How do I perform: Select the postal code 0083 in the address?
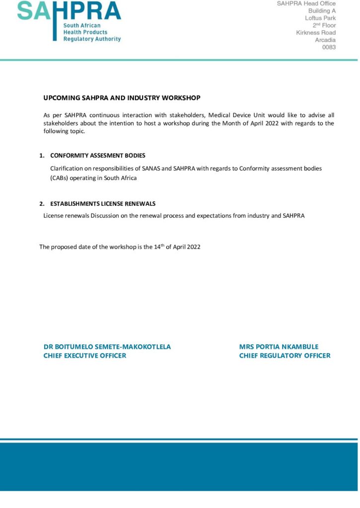[329, 47]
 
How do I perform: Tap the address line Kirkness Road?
[316, 33]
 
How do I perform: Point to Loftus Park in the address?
[320, 18]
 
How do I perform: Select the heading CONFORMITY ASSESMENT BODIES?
[98, 155]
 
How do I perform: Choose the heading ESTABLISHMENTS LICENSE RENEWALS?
[103, 203]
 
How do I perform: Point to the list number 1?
[42, 155]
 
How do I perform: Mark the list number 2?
[42, 203]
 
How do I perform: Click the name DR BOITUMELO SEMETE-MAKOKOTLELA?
[107, 347]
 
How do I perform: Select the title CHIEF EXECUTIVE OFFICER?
[85, 356]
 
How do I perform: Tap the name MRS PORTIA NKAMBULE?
[279, 347]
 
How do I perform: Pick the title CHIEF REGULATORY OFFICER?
[285, 356]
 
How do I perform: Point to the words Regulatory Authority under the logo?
[92, 39]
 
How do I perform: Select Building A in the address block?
[322, 10]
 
